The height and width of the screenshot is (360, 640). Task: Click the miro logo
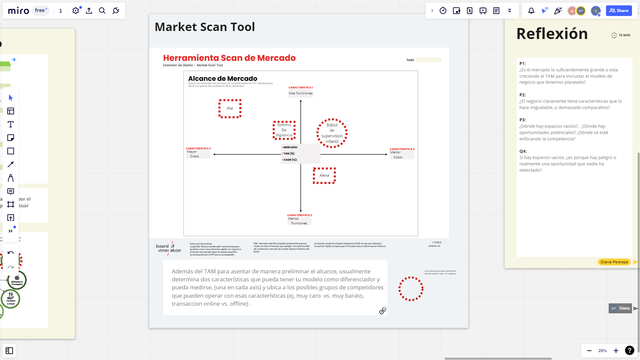(17, 10)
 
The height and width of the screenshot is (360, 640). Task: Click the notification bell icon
(531, 10)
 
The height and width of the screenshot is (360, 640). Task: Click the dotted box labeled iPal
(230, 108)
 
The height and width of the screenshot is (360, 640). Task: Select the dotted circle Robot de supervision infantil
(332, 132)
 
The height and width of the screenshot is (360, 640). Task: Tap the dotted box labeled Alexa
(324, 175)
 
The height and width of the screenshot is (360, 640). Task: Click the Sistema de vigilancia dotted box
(284, 130)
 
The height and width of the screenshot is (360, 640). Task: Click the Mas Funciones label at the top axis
(301, 93)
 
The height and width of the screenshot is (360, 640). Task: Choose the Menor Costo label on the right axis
(397, 155)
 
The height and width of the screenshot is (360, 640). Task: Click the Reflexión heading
(552, 34)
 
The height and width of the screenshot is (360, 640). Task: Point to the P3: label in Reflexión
(522, 120)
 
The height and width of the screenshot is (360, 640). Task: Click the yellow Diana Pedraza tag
(614, 261)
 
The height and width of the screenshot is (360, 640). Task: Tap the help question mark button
(629, 351)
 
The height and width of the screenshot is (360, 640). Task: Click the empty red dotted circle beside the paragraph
(410, 289)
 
